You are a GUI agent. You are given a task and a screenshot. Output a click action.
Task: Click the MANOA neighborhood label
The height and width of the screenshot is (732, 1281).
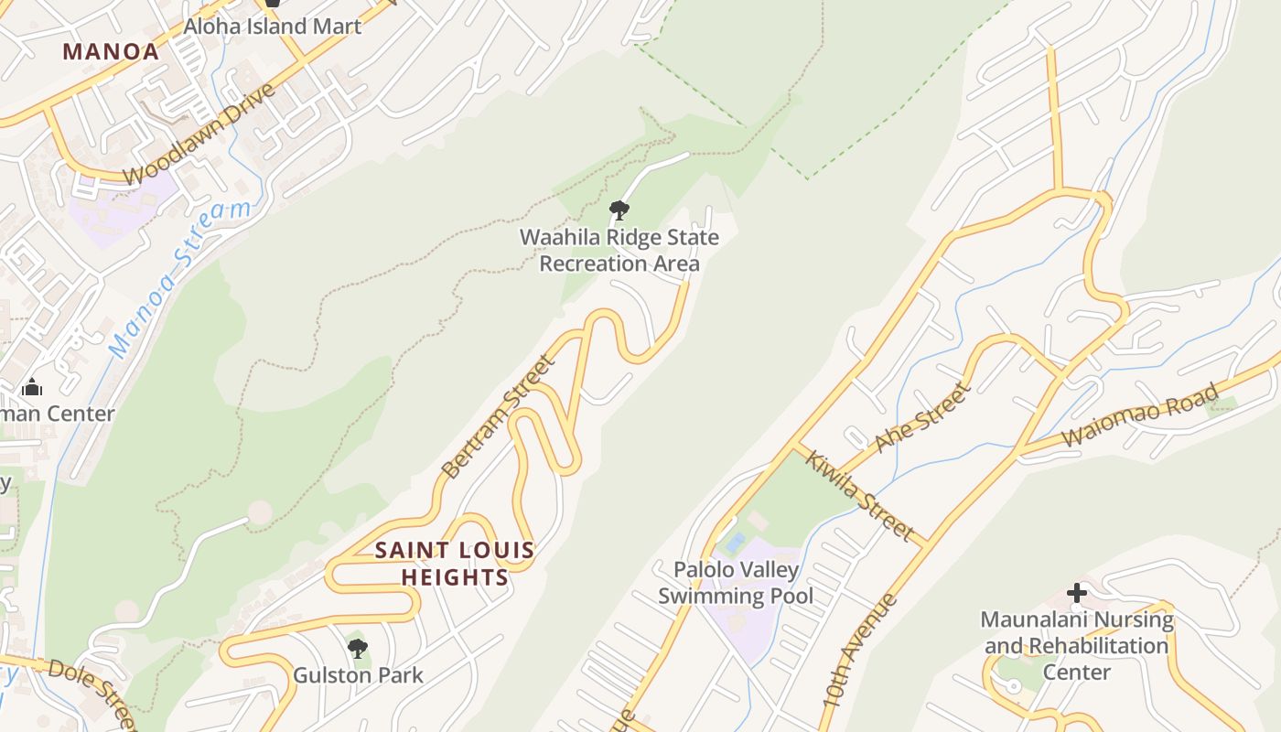111,51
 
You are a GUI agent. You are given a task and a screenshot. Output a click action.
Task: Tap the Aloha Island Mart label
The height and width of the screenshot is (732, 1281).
273,26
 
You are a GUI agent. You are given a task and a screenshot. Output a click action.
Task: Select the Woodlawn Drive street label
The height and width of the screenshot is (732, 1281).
199,135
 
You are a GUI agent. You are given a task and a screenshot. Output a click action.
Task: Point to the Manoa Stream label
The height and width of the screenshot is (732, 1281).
179,278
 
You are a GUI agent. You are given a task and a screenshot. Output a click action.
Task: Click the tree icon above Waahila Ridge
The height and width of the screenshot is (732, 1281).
619,210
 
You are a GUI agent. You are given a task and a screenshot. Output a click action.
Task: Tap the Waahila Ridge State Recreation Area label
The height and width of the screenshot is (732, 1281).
619,251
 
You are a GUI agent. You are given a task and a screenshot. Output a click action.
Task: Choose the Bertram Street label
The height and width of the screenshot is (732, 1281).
498,416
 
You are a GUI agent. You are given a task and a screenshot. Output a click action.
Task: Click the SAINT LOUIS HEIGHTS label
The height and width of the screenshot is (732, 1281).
455,564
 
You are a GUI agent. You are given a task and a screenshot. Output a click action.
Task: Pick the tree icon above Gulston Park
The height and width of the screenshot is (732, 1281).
358,649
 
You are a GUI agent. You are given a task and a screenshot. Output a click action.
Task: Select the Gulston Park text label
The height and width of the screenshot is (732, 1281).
358,675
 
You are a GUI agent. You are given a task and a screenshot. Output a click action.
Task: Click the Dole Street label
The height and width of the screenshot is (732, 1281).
91,693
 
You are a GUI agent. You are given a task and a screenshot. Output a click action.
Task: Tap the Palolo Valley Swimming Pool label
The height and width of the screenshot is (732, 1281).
736,583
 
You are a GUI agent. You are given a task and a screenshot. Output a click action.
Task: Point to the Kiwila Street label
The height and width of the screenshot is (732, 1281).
859,494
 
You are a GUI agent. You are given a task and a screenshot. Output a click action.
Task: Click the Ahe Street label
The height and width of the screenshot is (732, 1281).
920,418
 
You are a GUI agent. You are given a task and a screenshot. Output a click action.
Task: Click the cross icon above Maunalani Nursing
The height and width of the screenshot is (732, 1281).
1077,593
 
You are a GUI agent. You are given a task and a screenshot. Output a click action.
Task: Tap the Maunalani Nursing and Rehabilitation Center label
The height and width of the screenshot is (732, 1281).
1077,645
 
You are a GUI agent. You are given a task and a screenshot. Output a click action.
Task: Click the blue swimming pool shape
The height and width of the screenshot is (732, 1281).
735,543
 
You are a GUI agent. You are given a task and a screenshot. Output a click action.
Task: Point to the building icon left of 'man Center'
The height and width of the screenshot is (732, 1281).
32,387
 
